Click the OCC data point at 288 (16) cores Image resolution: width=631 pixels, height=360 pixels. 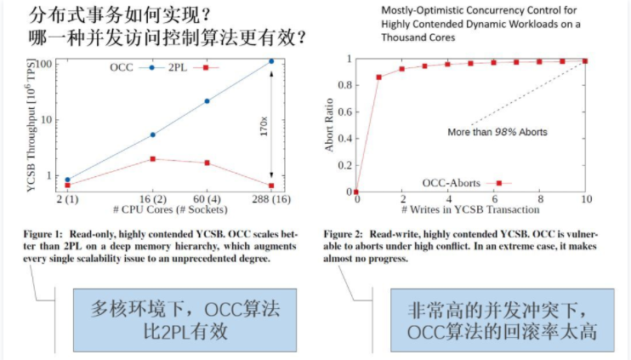click(x=271, y=61)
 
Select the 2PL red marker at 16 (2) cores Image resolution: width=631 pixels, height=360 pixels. click(x=152, y=159)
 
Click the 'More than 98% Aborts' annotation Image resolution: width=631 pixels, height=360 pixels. click(x=497, y=132)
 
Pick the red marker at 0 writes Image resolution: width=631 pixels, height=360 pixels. click(x=357, y=191)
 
